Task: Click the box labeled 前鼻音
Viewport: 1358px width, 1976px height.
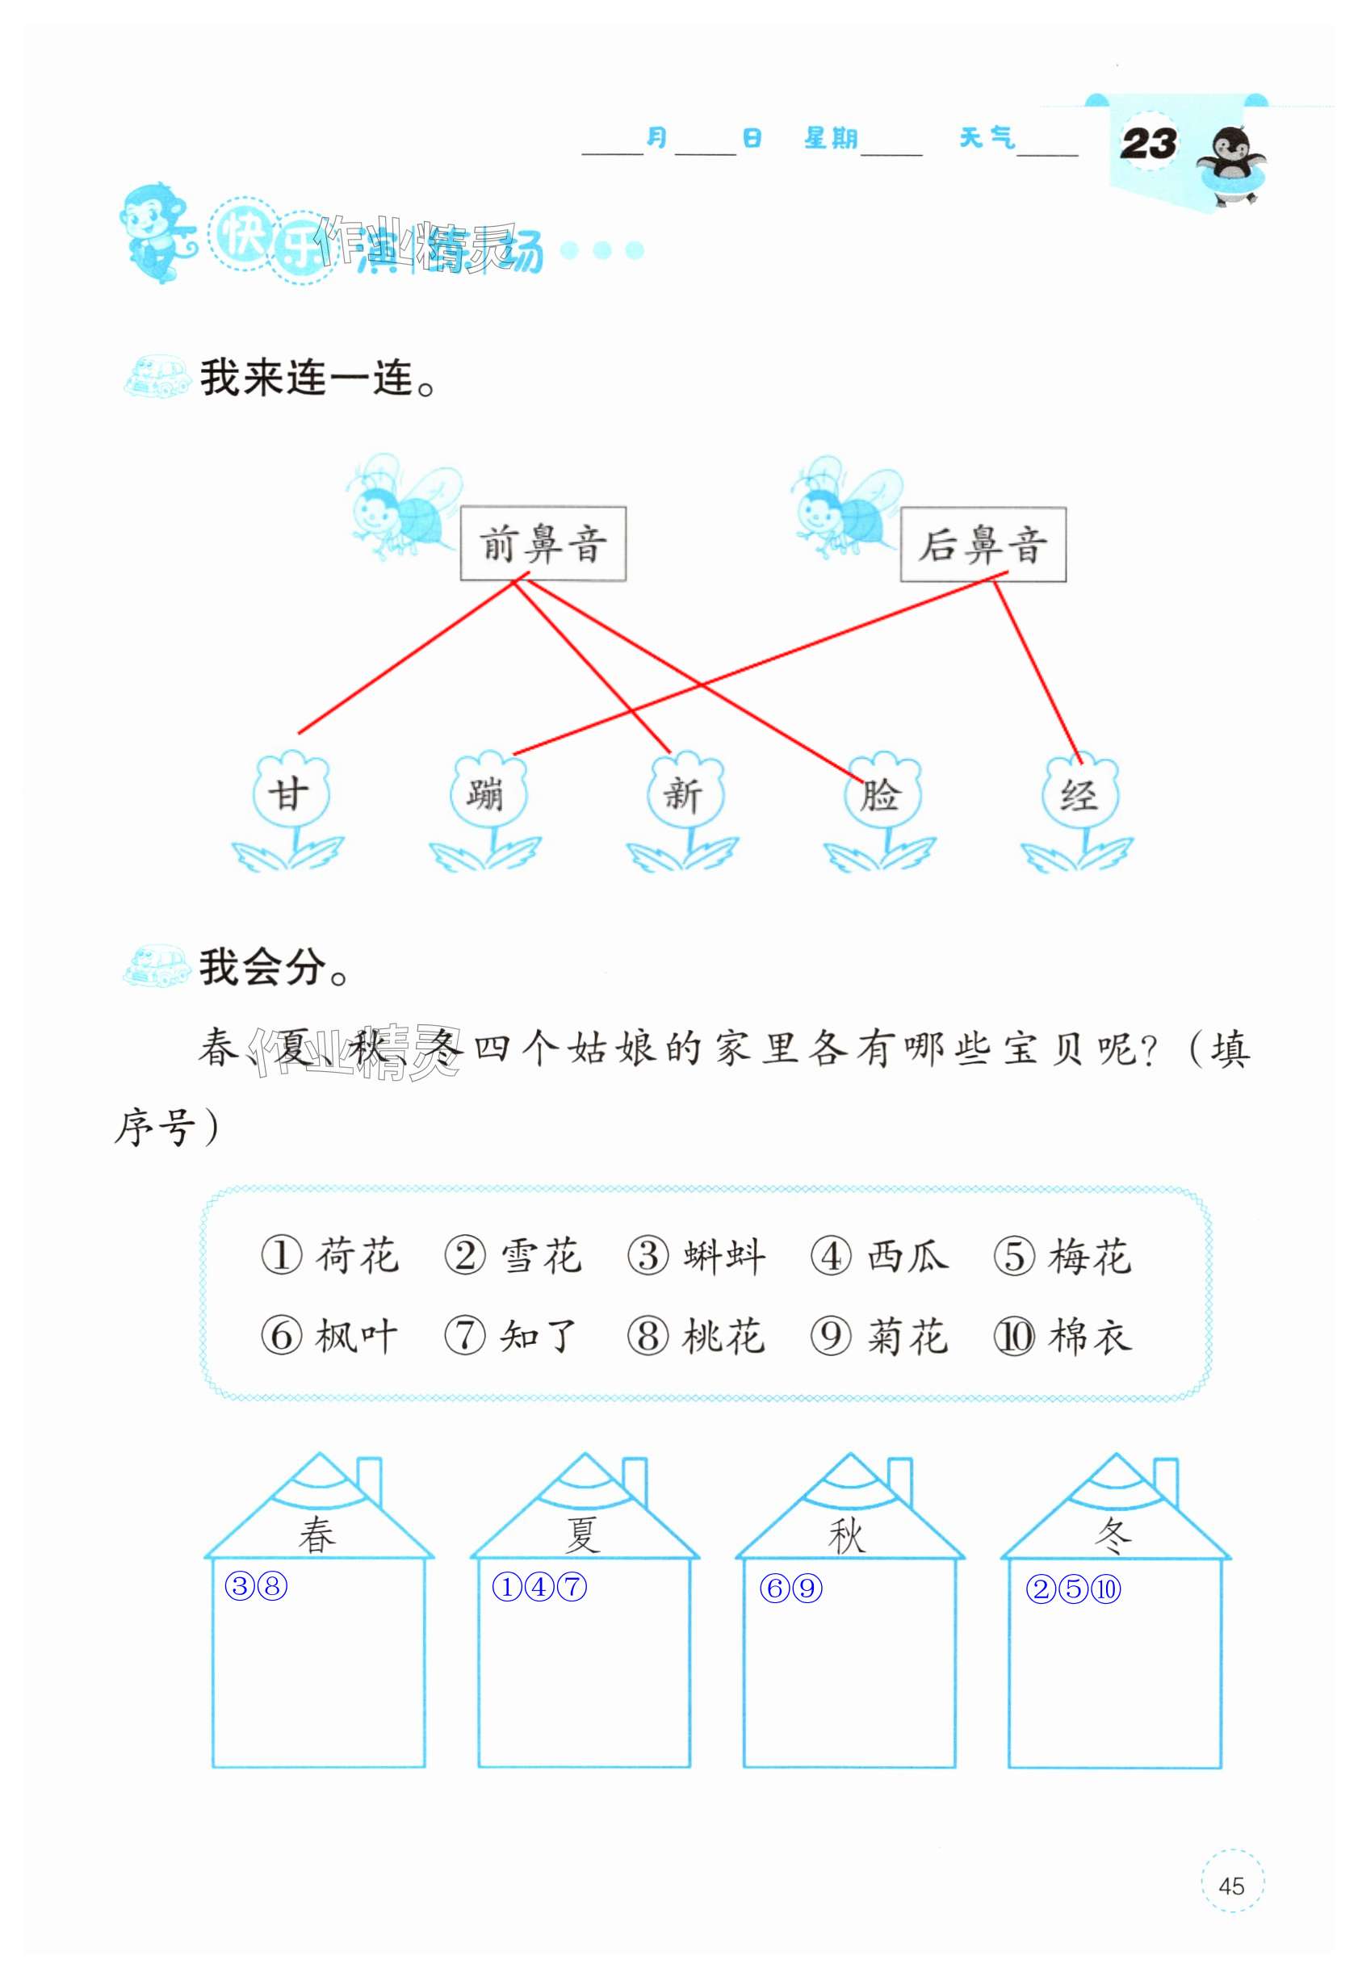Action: [x=543, y=544]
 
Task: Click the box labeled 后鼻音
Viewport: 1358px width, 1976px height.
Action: [x=983, y=545]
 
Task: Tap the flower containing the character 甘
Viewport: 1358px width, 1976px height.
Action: [x=289, y=793]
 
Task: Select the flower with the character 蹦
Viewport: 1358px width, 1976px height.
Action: [x=487, y=793]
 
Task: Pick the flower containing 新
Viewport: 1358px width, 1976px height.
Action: [x=683, y=793]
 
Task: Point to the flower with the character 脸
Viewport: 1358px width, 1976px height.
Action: [x=881, y=793]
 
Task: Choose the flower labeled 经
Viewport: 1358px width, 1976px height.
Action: [x=1078, y=793]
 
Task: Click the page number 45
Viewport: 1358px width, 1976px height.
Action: [x=1231, y=1886]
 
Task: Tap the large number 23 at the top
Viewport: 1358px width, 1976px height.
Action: [x=1148, y=143]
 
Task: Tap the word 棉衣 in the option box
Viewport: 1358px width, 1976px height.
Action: [x=1090, y=1337]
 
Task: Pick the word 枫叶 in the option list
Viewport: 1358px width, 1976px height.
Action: [x=356, y=1337]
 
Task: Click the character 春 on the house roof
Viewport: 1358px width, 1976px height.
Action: [x=316, y=1535]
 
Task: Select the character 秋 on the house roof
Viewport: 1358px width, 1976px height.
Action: [x=847, y=1535]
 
